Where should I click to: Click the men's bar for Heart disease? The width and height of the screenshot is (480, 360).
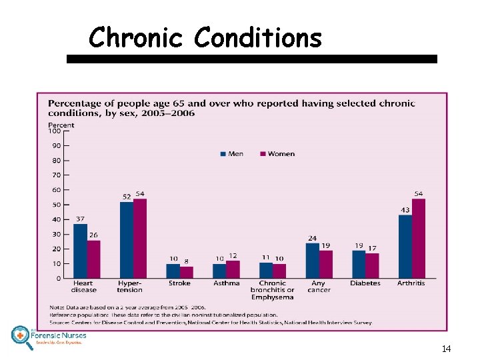click(80, 251)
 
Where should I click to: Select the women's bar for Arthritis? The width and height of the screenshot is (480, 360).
click(419, 239)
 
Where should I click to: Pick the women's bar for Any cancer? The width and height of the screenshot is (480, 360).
click(325, 265)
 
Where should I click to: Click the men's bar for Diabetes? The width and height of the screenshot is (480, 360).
click(359, 265)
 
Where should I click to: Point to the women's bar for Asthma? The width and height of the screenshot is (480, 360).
click(233, 269)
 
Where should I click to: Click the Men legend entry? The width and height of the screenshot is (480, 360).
click(231, 154)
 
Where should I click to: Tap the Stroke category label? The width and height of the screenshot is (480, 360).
click(179, 283)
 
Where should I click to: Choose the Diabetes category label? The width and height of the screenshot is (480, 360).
click(365, 283)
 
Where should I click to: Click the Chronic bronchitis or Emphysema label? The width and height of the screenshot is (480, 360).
click(272, 290)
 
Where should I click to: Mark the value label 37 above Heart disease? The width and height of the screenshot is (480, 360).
click(80, 219)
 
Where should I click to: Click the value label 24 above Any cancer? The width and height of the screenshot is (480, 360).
click(312, 238)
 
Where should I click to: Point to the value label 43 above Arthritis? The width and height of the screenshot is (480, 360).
click(405, 210)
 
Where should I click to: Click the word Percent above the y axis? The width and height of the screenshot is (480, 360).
click(61, 124)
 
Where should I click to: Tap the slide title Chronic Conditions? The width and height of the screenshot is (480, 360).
click(205, 38)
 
